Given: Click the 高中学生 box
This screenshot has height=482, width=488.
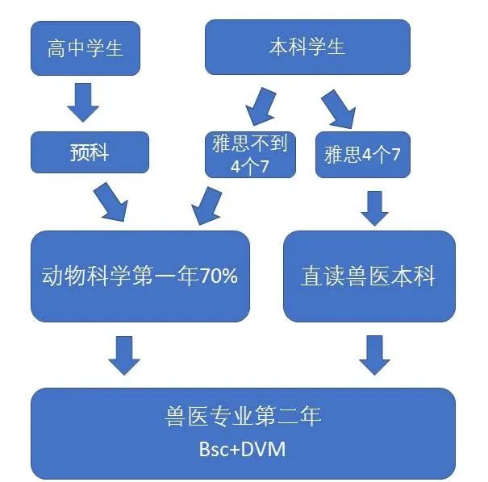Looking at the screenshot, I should click(x=85, y=48).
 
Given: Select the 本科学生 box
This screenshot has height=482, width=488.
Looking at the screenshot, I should click(x=307, y=46).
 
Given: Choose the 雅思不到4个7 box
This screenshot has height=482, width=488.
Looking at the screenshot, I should click(x=251, y=154).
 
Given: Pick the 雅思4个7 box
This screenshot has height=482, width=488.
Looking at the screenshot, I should click(x=362, y=154).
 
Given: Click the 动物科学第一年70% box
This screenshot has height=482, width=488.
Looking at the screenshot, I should click(x=140, y=276).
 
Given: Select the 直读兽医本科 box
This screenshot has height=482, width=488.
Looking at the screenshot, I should click(x=369, y=276).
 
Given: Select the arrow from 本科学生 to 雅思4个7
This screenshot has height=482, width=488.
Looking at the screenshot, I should click(x=338, y=107).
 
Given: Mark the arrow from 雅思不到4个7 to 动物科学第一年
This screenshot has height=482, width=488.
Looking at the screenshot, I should click(x=206, y=205).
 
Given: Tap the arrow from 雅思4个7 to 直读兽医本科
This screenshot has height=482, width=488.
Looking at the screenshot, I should click(x=374, y=207).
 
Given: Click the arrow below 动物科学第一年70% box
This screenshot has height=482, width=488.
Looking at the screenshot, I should click(x=124, y=354).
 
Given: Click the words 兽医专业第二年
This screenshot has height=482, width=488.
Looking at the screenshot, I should click(x=243, y=417).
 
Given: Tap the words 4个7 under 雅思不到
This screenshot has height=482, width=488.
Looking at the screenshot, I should click(x=251, y=165).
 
